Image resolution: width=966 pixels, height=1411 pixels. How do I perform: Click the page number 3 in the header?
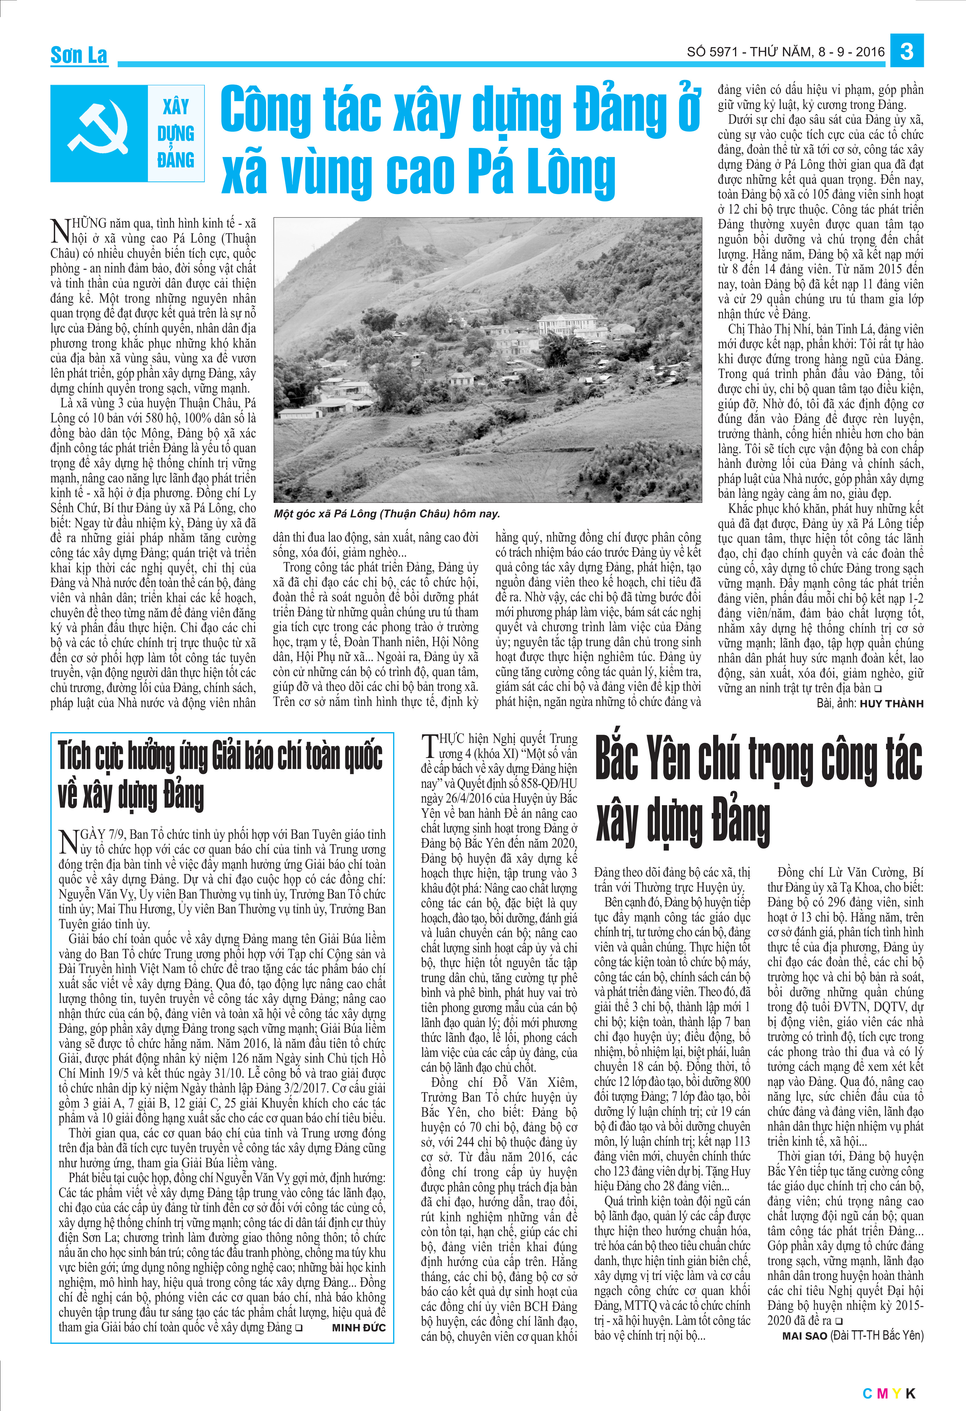click(x=907, y=51)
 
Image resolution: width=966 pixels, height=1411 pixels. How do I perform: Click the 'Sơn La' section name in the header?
click(x=79, y=55)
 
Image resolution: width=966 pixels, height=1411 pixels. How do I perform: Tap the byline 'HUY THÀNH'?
click(x=891, y=704)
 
